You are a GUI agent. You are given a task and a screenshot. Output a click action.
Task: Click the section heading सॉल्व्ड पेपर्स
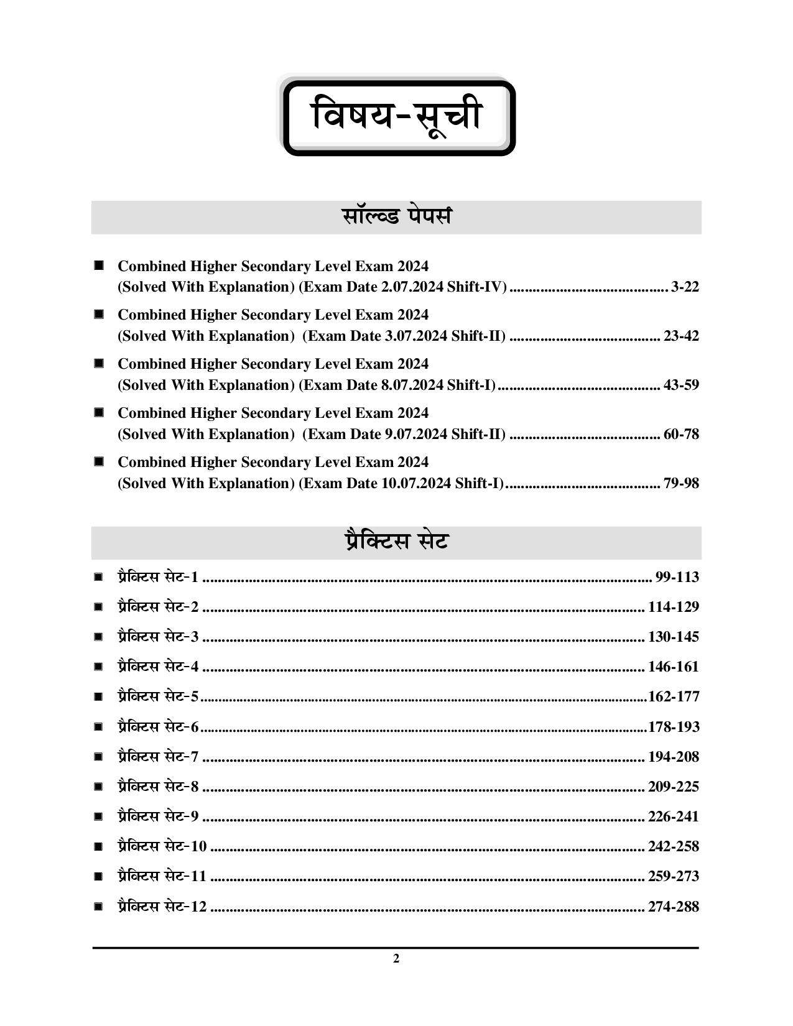pos(396,217)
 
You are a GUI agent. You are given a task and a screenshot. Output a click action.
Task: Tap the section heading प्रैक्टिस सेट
pos(396,542)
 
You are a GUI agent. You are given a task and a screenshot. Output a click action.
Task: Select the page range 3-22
pos(685,287)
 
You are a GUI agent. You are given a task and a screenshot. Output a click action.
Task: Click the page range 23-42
pos(681,336)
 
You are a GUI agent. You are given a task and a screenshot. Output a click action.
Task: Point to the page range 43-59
pos(681,386)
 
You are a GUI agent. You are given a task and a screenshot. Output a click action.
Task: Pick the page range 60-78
pos(681,435)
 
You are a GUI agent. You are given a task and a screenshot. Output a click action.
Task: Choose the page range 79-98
pos(681,484)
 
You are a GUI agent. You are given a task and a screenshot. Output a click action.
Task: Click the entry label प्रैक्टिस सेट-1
pos(158,578)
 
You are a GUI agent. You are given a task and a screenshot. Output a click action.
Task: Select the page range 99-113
pos(677,578)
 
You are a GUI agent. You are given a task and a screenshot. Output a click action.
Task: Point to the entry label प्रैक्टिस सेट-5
pos(158,697)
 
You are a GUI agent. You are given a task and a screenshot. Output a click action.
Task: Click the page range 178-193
pos(674,727)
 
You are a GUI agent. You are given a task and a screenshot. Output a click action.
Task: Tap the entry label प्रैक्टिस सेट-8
pos(158,787)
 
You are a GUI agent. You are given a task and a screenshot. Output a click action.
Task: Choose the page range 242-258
pos(674,847)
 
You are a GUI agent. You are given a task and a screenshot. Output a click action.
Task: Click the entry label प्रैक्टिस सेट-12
pos(162,907)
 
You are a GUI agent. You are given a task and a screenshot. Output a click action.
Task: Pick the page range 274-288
pos(674,907)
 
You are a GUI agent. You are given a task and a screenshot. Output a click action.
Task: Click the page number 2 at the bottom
pos(396,959)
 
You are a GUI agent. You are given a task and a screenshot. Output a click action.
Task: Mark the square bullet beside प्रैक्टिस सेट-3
pos(98,637)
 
